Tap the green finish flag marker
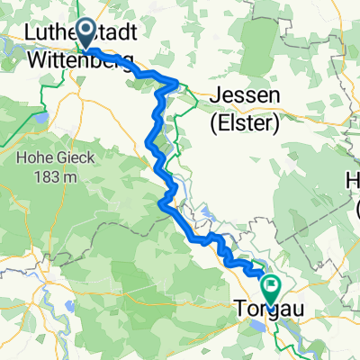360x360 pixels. click(271, 288)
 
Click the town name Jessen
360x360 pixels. click(245, 96)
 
